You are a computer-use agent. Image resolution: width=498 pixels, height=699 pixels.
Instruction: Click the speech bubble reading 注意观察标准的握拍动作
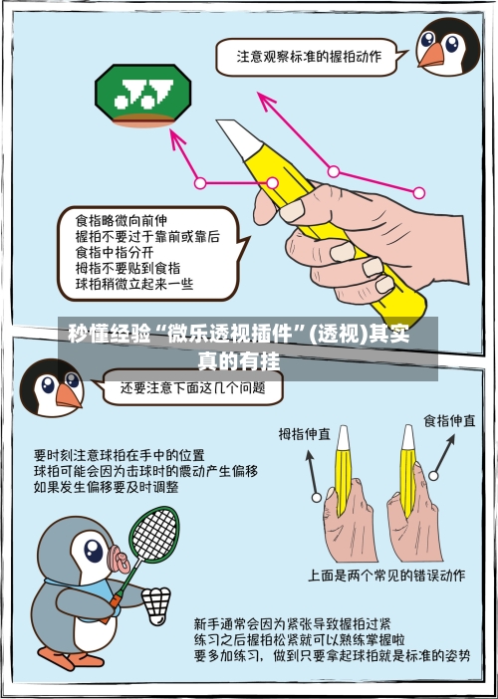[x=308, y=57]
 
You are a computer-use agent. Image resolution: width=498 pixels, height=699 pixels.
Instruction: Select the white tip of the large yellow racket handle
[x=234, y=135]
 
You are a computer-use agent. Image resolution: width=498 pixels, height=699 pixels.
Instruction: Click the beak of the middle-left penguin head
[x=68, y=396]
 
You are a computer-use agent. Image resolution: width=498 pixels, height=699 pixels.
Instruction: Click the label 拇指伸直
[x=305, y=434]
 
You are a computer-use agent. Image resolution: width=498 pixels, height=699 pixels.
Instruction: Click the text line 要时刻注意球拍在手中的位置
[x=119, y=454]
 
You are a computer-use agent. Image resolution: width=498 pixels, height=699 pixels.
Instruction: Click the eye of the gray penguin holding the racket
[x=92, y=549]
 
